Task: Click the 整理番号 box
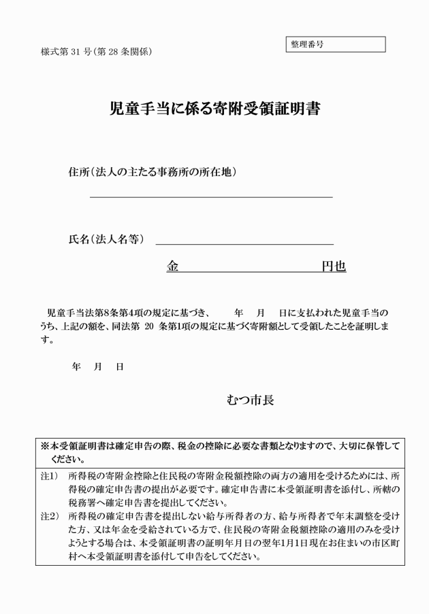[335, 44]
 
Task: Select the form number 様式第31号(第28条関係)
[96, 52]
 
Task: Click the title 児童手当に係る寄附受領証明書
[215, 109]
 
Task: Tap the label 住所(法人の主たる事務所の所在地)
[153, 172]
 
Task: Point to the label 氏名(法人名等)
[107, 239]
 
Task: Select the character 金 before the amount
[173, 267]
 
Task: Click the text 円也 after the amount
[334, 267]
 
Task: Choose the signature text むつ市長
[251, 400]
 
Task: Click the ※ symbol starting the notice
[44, 447]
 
